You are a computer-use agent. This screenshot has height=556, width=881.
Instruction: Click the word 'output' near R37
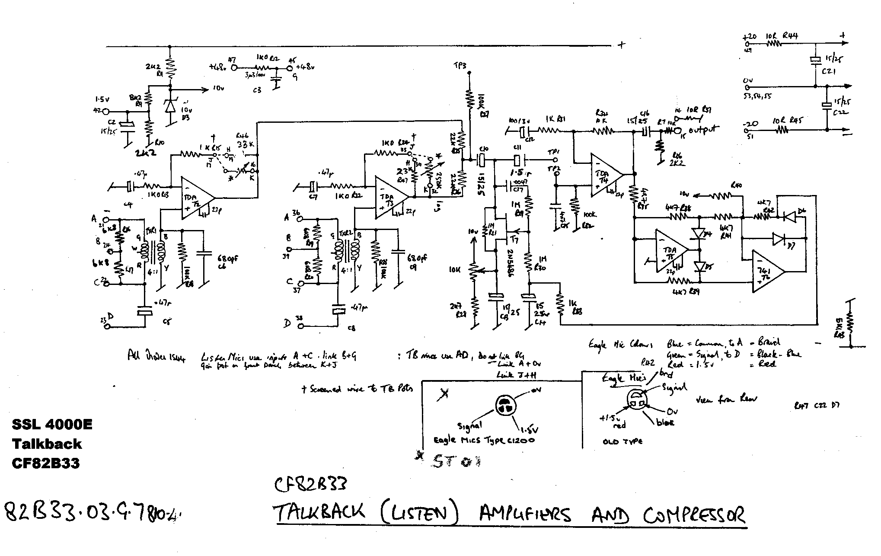tap(703, 129)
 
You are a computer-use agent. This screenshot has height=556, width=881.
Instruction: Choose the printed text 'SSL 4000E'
tap(52, 425)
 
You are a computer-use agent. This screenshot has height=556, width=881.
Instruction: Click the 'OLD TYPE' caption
tap(622, 441)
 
